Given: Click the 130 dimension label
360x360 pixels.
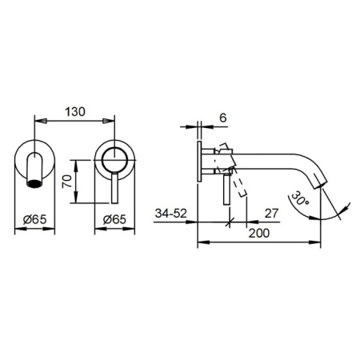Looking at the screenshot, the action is pos(75,112).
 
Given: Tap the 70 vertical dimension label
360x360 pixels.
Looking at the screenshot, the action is pos(67,182).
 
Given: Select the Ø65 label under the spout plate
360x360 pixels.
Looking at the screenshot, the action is pos(34,219).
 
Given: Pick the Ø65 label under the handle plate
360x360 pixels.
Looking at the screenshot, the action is pos(114,219).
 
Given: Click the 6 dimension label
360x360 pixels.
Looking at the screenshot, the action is pos(222,118).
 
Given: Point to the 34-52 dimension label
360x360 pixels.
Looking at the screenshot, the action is pos(171,214).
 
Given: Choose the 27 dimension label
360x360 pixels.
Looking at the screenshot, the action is pos(271,214).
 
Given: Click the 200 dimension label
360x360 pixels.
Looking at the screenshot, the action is pos(259,234).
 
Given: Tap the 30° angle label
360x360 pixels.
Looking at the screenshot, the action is pos(300,198).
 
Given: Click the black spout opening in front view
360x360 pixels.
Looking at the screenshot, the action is pos(34,183).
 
